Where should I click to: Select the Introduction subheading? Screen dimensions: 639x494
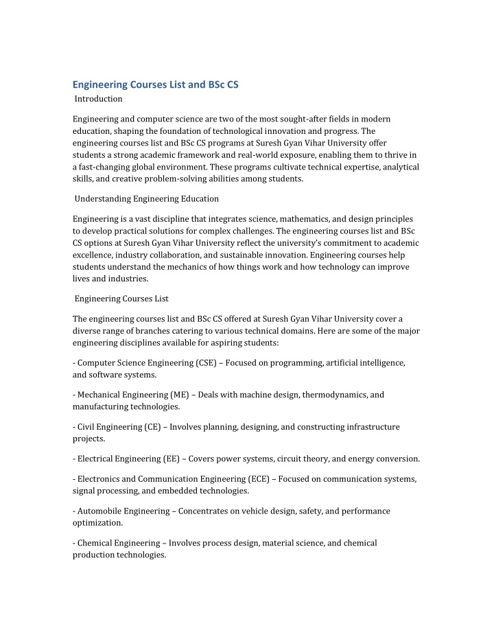click(98, 99)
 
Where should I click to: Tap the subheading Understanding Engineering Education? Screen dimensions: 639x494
click(146, 199)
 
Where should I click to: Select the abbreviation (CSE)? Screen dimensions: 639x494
click(198, 362)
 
